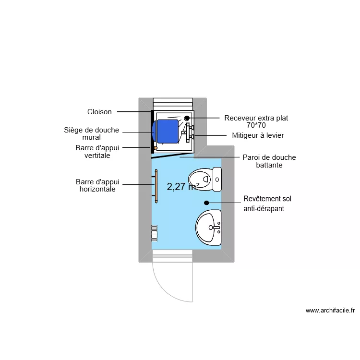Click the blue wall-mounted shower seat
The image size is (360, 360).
[x=166, y=131]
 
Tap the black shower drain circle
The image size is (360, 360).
[x=187, y=118]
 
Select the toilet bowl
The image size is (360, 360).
[x=201, y=179]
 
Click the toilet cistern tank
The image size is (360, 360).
[x=217, y=179]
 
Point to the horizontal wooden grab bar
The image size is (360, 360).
[x=156, y=186]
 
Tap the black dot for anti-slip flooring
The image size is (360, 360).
[x=206, y=203]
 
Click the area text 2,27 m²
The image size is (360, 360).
[x=183, y=187]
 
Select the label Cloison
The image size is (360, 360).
[x=99, y=112]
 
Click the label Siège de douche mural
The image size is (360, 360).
[x=92, y=133]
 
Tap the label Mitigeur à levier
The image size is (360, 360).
[x=258, y=135]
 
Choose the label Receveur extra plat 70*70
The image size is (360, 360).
[x=256, y=121]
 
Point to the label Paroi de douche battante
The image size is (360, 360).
[x=269, y=161]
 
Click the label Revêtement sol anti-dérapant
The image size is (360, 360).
[x=267, y=204]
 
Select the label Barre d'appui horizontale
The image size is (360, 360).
[x=97, y=186]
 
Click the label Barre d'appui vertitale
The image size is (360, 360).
[x=97, y=152]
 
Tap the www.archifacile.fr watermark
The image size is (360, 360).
[x=330, y=311]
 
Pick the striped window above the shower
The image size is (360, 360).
[x=172, y=104]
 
